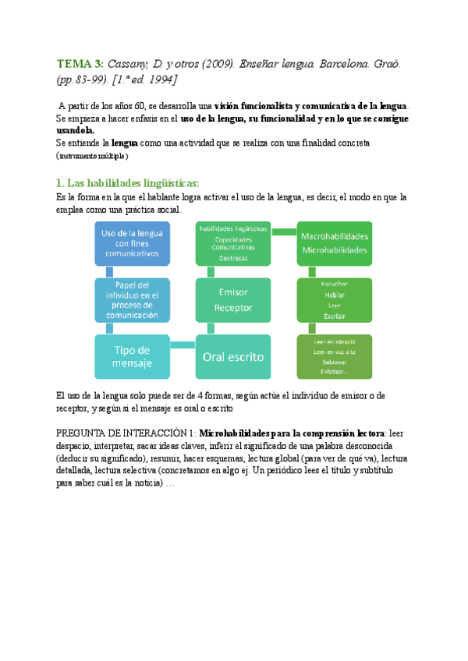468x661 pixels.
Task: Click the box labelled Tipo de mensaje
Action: point(133,356)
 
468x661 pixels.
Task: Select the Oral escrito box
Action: point(233,356)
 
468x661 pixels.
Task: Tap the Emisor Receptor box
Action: point(233,300)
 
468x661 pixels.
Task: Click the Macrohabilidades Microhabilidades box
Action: point(335,242)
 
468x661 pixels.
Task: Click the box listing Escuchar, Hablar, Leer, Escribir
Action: point(335,300)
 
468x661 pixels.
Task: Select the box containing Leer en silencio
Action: point(335,358)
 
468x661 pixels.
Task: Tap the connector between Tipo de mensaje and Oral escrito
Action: point(183,345)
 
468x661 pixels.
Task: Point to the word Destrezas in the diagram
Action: point(233,257)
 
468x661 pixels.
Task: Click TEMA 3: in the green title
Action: point(80,63)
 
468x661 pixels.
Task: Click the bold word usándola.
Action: point(76,130)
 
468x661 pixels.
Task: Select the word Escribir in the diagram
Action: point(335,316)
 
